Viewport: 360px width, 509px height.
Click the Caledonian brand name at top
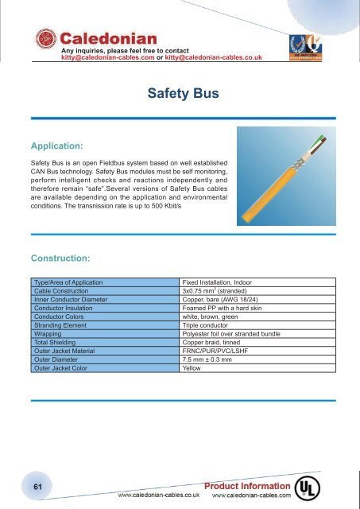click(x=108, y=37)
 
